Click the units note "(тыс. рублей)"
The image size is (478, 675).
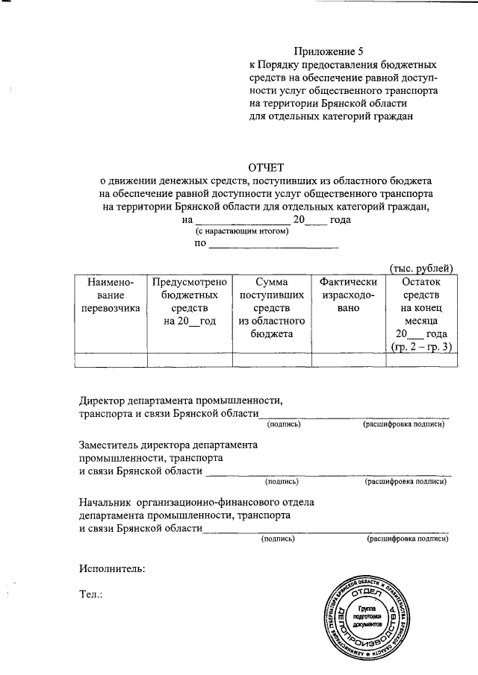(420, 269)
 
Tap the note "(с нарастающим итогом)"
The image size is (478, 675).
(237, 233)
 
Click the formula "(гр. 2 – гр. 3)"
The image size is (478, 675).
(422, 348)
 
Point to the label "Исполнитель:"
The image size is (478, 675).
(112, 568)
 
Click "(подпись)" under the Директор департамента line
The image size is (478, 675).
(284, 424)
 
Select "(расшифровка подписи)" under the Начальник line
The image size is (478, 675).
(408, 538)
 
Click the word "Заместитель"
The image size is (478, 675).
(111, 445)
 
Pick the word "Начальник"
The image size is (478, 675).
(105, 501)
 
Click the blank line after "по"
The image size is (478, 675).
(273, 245)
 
